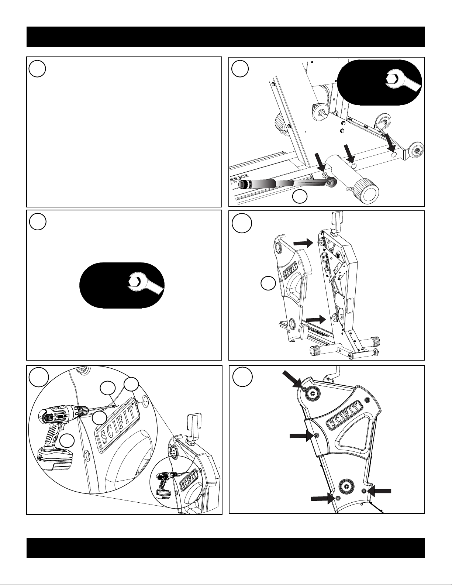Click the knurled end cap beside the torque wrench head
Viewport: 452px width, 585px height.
366,192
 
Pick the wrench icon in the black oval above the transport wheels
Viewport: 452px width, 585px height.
402,82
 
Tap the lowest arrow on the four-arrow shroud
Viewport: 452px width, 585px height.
322,499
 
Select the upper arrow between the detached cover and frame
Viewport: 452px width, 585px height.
303,243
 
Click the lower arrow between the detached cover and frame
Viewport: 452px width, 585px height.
316,320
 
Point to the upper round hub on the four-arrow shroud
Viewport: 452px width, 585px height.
313,394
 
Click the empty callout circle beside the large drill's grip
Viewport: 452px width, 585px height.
67,441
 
